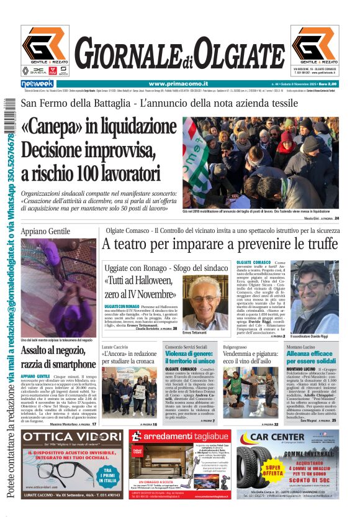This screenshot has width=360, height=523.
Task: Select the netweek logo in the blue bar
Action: click(37, 84)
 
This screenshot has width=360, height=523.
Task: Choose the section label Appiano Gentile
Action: click(46, 231)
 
